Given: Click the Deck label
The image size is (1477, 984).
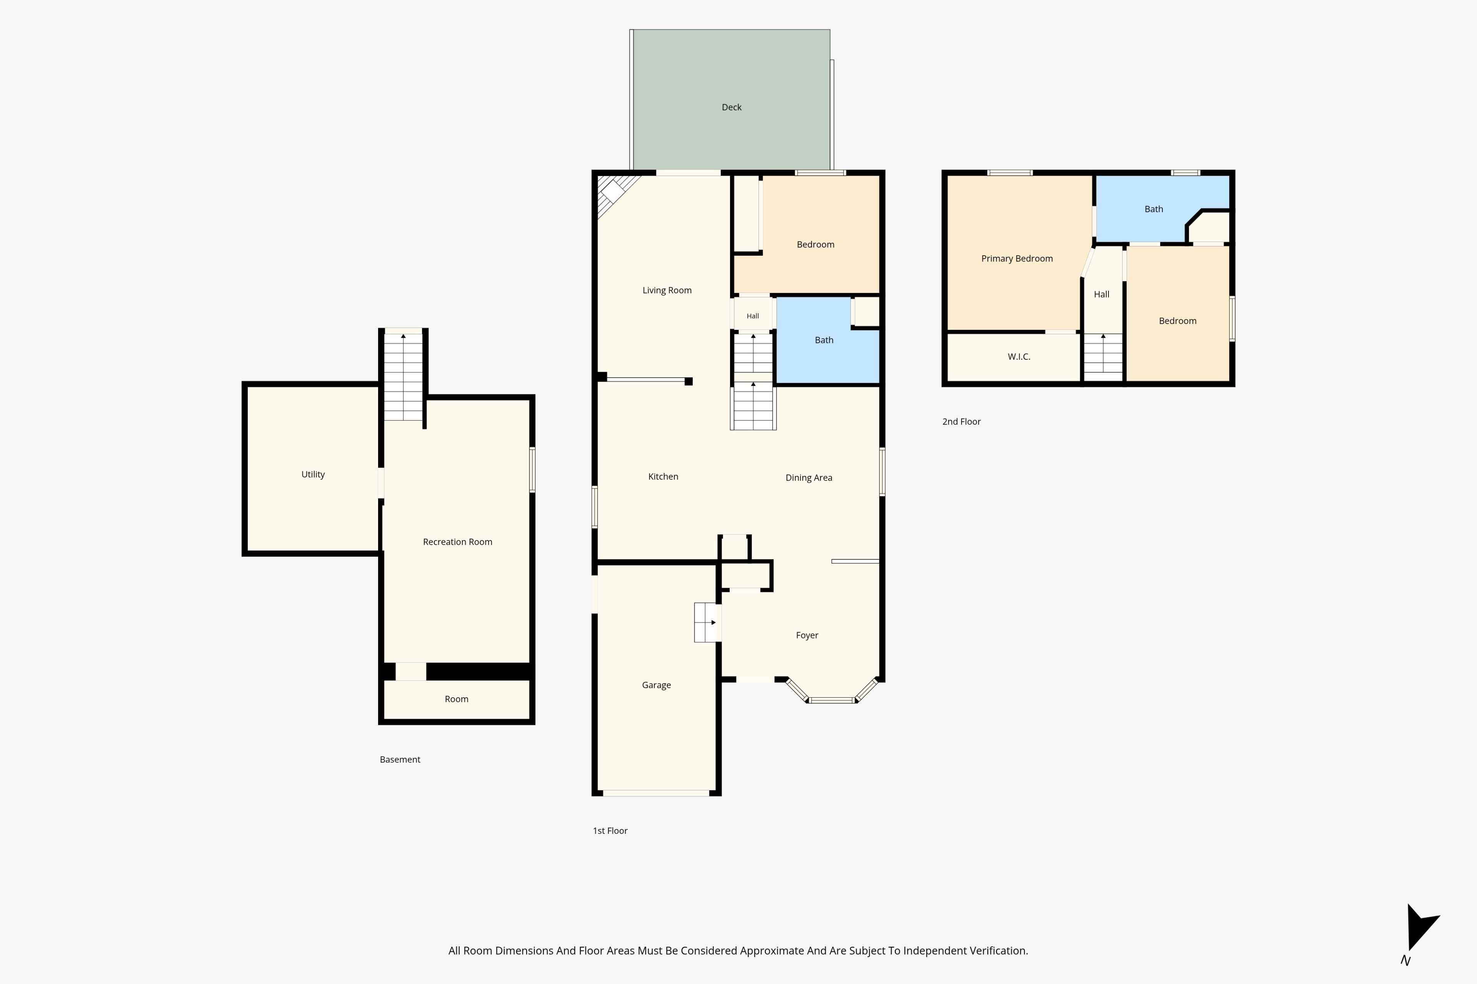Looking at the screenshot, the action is (x=732, y=107).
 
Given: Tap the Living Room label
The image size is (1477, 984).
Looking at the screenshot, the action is (x=667, y=290).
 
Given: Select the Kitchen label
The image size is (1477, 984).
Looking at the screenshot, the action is (x=663, y=476).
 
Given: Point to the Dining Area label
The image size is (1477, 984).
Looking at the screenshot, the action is (x=809, y=477).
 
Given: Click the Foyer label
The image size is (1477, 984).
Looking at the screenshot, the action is (x=807, y=635).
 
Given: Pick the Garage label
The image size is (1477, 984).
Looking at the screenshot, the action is (x=656, y=685).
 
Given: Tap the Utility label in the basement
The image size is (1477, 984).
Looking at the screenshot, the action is (x=313, y=474).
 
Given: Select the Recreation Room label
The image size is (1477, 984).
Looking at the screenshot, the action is (x=457, y=542).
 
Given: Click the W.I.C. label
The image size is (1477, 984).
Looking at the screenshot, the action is (x=1019, y=356).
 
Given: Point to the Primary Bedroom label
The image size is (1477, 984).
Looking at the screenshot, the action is (x=1017, y=259).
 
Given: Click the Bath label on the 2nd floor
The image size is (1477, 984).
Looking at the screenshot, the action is (x=1154, y=209).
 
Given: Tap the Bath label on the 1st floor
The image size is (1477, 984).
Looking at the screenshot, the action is (x=824, y=340).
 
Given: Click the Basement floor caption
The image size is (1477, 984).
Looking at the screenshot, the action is (x=400, y=760).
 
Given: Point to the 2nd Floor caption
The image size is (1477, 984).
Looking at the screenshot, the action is (x=962, y=422).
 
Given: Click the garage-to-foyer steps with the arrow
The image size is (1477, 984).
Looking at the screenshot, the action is (x=705, y=623).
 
